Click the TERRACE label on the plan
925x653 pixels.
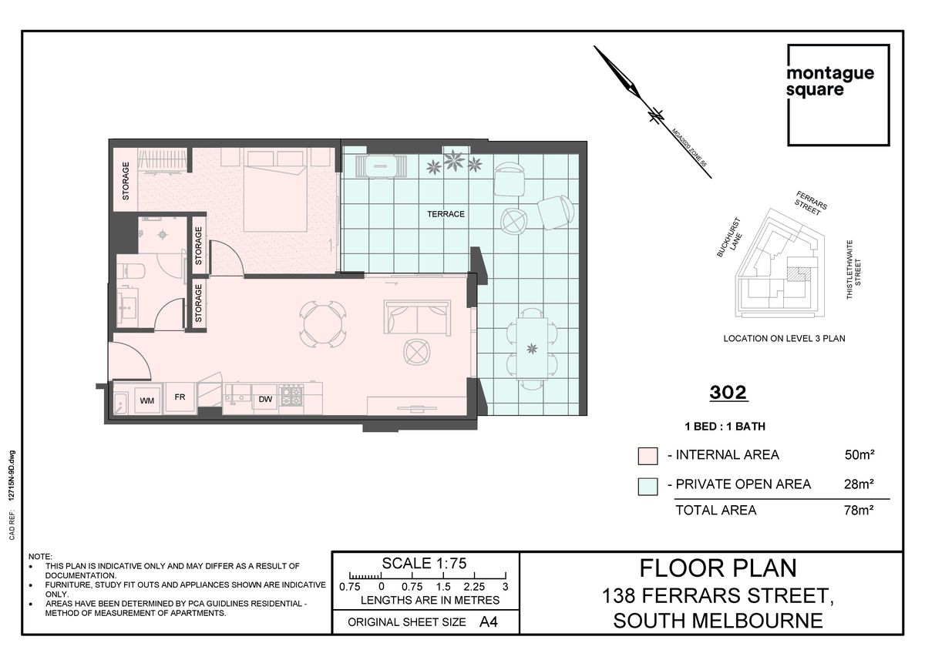click(x=446, y=214)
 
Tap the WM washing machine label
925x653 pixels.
click(x=147, y=400)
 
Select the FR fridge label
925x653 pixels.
click(x=180, y=397)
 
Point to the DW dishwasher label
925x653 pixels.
click(x=265, y=399)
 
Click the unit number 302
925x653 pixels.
click(x=728, y=392)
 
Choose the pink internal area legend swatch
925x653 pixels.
click(x=647, y=456)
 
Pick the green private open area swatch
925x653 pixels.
click(x=647, y=487)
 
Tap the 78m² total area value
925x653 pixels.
click(x=859, y=511)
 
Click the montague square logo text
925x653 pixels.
click(x=830, y=82)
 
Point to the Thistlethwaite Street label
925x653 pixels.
click(x=853, y=270)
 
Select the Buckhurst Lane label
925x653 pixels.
click(x=730, y=239)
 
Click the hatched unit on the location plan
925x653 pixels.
click(x=798, y=273)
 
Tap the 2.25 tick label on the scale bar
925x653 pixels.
click(x=474, y=586)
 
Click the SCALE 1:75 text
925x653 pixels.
click(x=424, y=564)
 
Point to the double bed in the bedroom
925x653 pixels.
click(x=275, y=190)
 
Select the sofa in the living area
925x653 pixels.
click(x=417, y=317)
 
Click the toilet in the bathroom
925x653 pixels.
click(x=131, y=271)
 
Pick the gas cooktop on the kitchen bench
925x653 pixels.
click(x=292, y=396)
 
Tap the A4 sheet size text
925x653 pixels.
click(x=489, y=621)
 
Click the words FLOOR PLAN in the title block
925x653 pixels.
click(x=718, y=568)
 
